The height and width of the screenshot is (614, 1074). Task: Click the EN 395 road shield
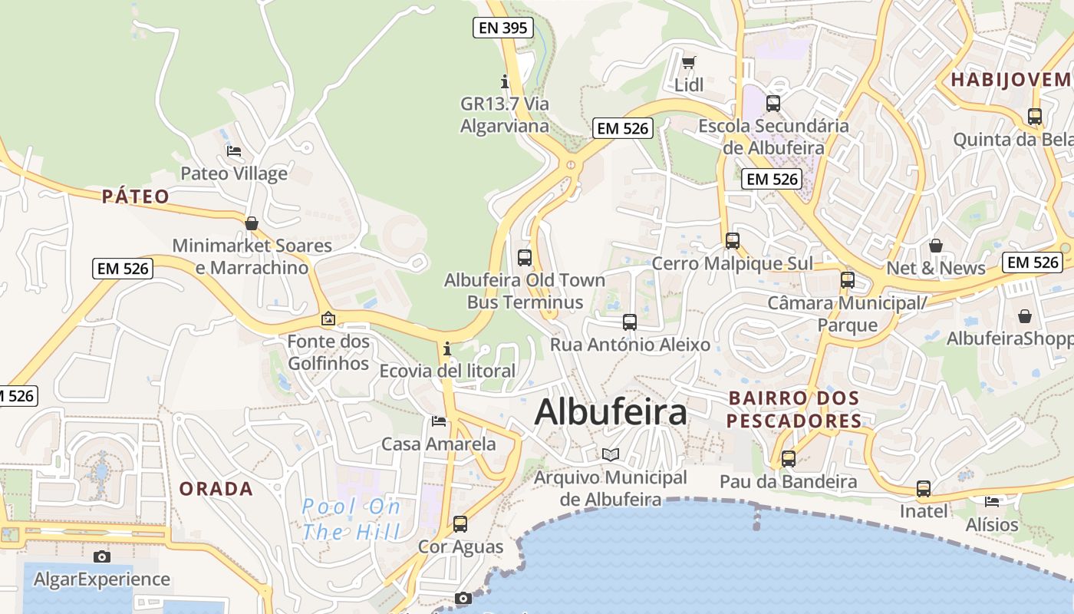click(x=502, y=28)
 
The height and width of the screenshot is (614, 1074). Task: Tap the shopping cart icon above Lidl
click(x=689, y=62)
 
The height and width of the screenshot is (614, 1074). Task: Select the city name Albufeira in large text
click(x=611, y=412)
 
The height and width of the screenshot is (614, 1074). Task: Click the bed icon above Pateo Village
click(x=234, y=151)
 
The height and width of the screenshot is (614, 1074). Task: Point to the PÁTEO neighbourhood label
click(x=136, y=196)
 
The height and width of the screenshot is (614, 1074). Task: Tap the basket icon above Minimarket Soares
click(x=252, y=223)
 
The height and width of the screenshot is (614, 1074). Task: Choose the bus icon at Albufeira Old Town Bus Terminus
click(x=525, y=257)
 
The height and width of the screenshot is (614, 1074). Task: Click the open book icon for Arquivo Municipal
click(x=611, y=455)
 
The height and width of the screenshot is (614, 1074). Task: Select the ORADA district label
click(x=216, y=489)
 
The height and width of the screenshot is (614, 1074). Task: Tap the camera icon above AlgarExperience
click(x=102, y=556)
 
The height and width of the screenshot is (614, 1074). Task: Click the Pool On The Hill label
click(x=351, y=519)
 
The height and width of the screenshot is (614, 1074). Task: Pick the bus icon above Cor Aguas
click(x=460, y=524)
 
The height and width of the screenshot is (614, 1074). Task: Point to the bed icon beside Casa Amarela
click(x=439, y=421)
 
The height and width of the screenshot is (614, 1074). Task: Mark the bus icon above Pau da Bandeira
click(x=789, y=459)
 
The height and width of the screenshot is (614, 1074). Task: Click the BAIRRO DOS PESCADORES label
click(x=794, y=409)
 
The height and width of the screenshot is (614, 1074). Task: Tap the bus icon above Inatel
click(x=924, y=489)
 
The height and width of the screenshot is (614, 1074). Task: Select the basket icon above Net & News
click(x=936, y=246)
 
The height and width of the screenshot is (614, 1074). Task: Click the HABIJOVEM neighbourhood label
click(x=1011, y=80)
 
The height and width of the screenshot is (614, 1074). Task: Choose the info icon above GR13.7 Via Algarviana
click(x=505, y=81)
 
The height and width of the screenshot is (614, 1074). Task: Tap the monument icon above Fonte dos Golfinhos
click(x=328, y=318)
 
